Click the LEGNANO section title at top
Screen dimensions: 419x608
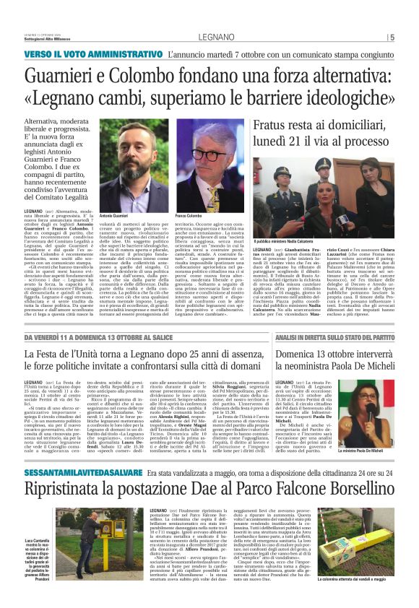point(209,38)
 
